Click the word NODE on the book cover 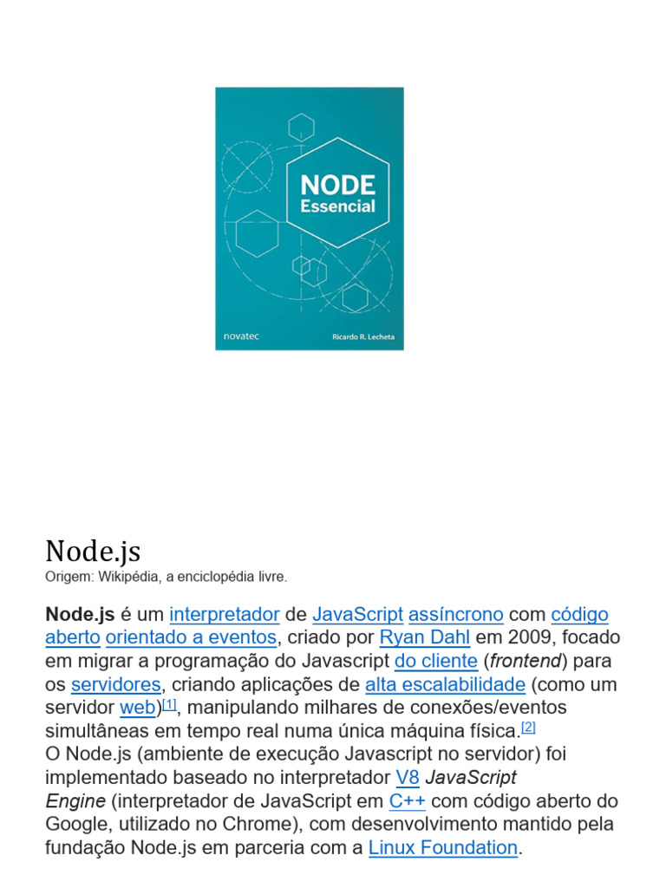coord(337,185)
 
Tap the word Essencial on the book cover coord(337,206)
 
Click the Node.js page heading coord(93,551)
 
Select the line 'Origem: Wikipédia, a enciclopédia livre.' coord(166,577)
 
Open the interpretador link coord(225,615)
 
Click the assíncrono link coord(456,615)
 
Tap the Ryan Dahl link coord(425,638)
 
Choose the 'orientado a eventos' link coord(191,638)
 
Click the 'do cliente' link coord(436,662)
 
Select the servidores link coord(116,685)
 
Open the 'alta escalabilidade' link coord(445,685)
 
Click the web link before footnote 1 coord(138,708)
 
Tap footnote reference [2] coord(528,727)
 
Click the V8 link coord(408,777)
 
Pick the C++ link coord(407,800)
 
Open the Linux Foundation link coord(443,848)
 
